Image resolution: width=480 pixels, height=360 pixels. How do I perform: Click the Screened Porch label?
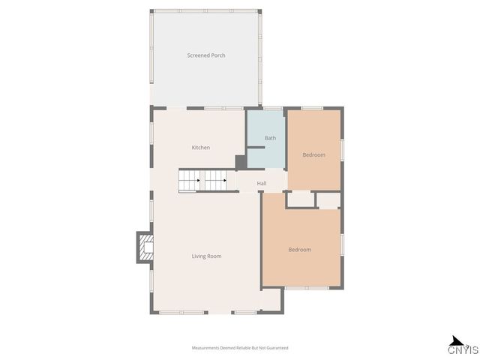coord(206,55)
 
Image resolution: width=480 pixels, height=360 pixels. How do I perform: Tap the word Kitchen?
coord(201,148)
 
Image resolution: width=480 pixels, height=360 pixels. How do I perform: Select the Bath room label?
coord(270,138)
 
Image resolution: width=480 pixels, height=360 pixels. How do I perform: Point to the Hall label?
coord(262,184)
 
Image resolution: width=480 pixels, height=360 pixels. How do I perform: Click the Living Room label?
coord(206,256)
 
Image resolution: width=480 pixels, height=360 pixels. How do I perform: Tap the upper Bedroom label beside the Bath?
coord(313,155)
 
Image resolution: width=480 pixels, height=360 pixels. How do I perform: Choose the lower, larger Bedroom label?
coord(299,250)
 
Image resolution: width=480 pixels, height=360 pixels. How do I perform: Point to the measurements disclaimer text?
coord(240,348)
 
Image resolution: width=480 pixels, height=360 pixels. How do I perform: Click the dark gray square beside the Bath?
coord(241,162)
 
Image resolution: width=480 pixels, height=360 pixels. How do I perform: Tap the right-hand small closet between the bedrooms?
coord(328,200)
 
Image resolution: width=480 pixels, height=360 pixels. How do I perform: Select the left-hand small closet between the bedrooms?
coord(301,199)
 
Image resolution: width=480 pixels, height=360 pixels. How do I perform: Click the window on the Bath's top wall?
coord(273,109)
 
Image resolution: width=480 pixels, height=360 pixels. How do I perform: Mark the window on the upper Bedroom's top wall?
coord(312,109)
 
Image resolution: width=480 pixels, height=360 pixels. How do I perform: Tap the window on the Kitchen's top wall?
coord(218,109)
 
